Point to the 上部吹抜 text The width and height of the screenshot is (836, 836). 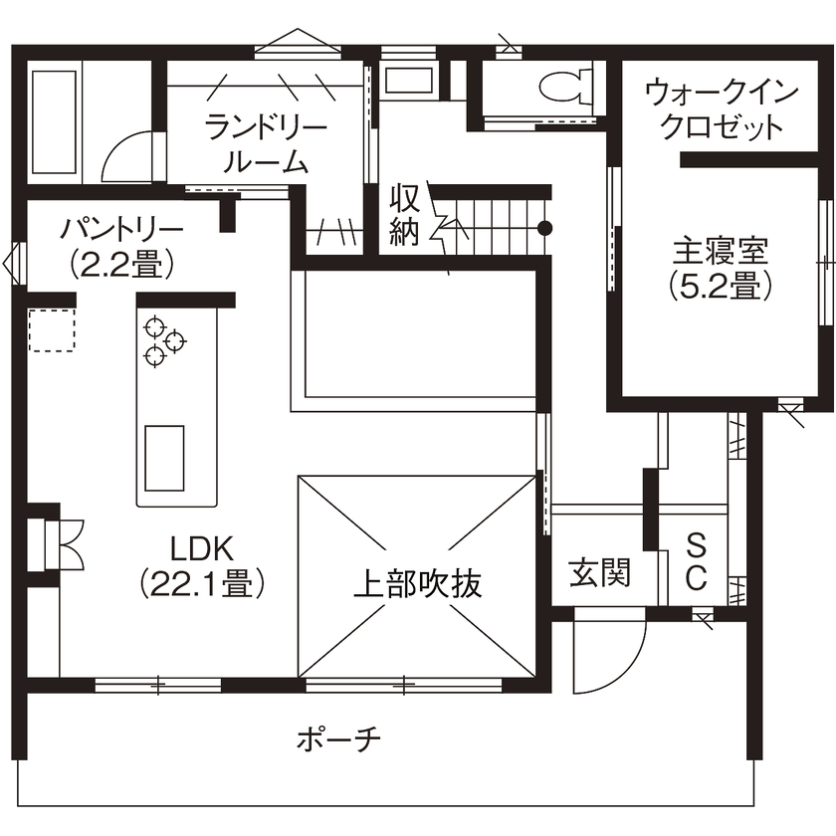click(418, 584)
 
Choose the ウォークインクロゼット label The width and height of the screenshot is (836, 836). click(722, 109)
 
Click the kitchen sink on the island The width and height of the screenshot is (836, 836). click(164, 457)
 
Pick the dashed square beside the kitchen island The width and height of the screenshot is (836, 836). click(52, 330)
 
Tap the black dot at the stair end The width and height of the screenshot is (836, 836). click(544, 227)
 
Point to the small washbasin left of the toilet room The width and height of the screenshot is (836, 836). click(409, 79)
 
